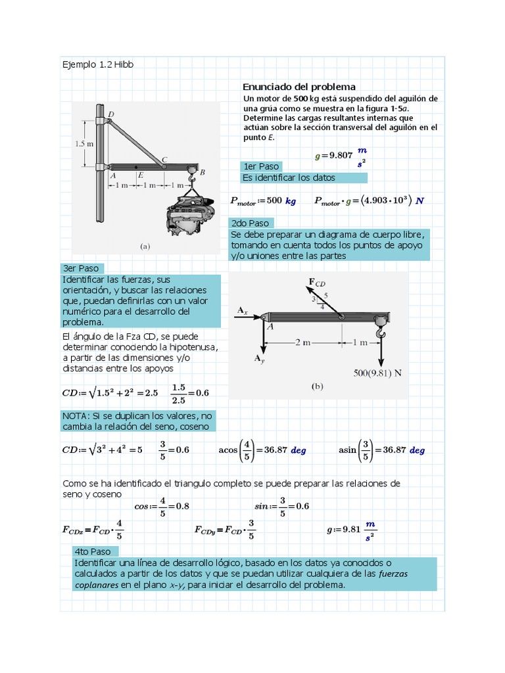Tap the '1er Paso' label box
(261, 166)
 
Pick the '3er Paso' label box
(81, 268)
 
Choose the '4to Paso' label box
(95, 551)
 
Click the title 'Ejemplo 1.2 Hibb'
(97, 64)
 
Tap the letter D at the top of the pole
(110, 114)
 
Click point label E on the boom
(140, 175)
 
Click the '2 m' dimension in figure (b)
(302, 342)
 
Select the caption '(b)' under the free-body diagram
(317, 387)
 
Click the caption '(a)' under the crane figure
(145, 246)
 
